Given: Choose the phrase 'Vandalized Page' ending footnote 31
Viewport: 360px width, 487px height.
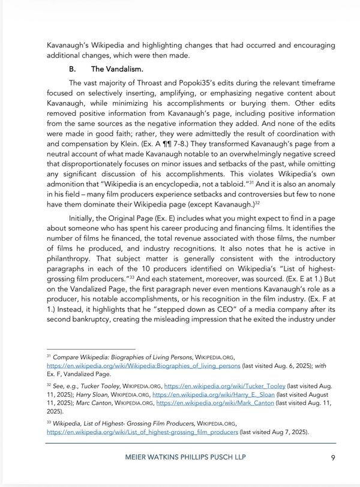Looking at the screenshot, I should [83, 373].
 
